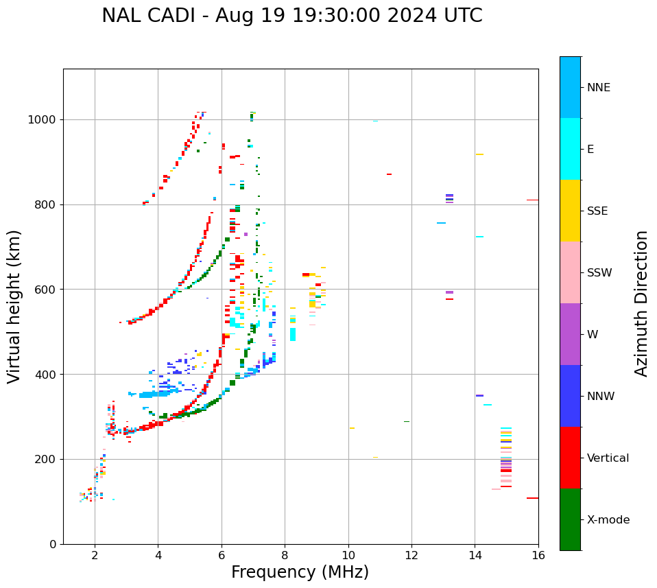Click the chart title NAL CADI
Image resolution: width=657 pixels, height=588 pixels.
coord(291,16)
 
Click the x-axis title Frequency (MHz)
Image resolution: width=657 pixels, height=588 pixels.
coord(300,572)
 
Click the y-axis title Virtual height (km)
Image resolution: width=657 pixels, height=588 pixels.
coord(14,306)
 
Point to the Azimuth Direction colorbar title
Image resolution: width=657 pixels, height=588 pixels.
coord(641,303)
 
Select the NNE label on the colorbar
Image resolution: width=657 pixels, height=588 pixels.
coord(599,88)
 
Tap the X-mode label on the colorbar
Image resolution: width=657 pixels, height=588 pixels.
coord(608,520)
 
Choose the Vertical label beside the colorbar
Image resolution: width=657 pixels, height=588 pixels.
coord(608,458)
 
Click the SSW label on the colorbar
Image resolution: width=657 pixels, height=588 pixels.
coord(599,273)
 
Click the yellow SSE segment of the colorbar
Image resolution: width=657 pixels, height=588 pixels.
coord(570,211)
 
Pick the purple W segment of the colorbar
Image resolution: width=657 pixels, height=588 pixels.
coord(570,334)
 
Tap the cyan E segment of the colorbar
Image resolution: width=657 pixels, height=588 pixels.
coord(570,149)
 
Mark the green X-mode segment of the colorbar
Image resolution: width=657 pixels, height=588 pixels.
coord(570,519)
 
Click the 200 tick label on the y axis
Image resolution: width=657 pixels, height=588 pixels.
coord(48,459)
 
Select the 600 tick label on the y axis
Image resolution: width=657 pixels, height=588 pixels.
coord(48,290)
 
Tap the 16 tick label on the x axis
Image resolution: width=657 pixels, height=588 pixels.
coord(538,555)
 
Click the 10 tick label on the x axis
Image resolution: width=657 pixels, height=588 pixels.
coord(348,555)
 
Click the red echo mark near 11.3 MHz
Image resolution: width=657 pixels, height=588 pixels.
coord(389,174)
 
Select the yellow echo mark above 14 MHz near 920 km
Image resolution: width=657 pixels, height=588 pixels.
coord(479,154)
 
